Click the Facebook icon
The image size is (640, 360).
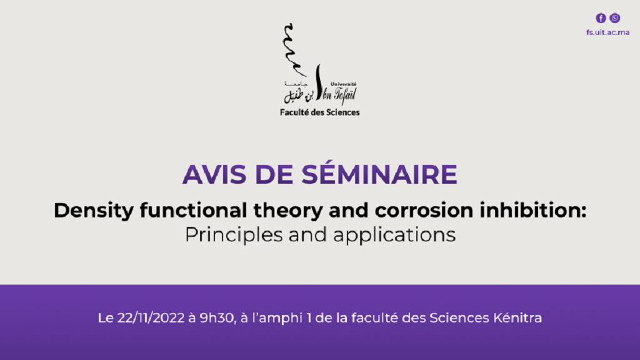pos(601,18)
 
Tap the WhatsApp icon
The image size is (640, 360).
pos(615,18)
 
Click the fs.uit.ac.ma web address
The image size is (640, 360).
pos(607,32)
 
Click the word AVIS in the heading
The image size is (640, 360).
pos(215,174)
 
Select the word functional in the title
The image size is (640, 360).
pos(193,210)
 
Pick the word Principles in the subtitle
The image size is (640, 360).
pos(234,235)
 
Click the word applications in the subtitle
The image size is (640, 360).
pos(394,235)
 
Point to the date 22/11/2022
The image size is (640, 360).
pos(151,318)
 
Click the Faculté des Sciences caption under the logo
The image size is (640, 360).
pos(319,112)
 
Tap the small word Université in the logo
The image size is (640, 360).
pos(343,84)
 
